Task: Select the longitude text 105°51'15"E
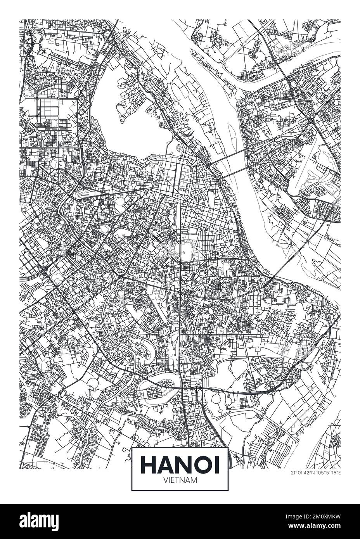pos(329,472)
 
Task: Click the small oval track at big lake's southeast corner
pos(178,147)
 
